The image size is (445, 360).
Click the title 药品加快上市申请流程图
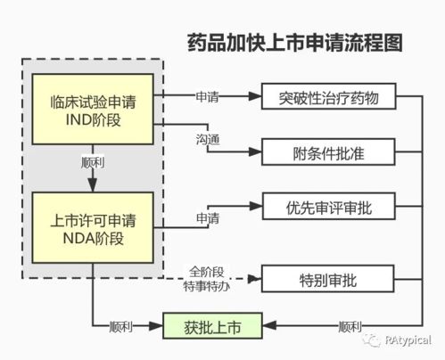click(x=294, y=43)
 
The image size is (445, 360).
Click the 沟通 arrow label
click(x=207, y=140)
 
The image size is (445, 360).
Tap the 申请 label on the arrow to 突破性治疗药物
click(x=207, y=94)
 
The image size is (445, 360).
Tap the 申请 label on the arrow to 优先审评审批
click(x=207, y=217)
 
